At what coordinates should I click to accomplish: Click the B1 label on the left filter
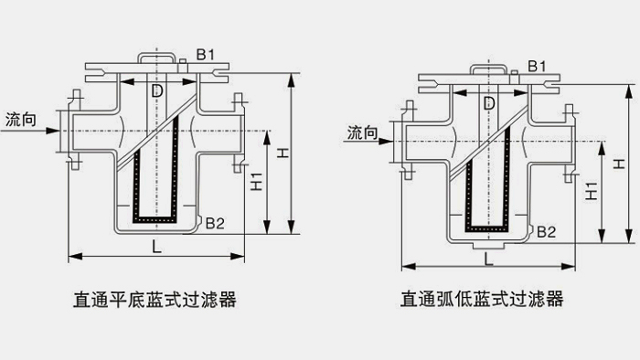pyautogui.click(x=206, y=56)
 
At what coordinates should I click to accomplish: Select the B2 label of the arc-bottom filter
pyautogui.click(x=547, y=232)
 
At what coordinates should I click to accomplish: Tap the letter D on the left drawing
pyautogui.click(x=157, y=91)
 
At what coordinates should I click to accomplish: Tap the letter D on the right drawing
pyautogui.click(x=489, y=102)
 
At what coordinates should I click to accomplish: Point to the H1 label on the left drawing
pyautogui.click(x=257, y=182)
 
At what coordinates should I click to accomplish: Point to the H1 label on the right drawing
pyautogui.click(x=592, y=190)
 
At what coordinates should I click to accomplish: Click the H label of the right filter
pyautogui.click(x=621, y=164)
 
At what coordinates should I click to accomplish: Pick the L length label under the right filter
pyautogui.click(x=489, y=259)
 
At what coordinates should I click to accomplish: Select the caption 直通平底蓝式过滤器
pyautogui.click(x=157, y=299)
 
